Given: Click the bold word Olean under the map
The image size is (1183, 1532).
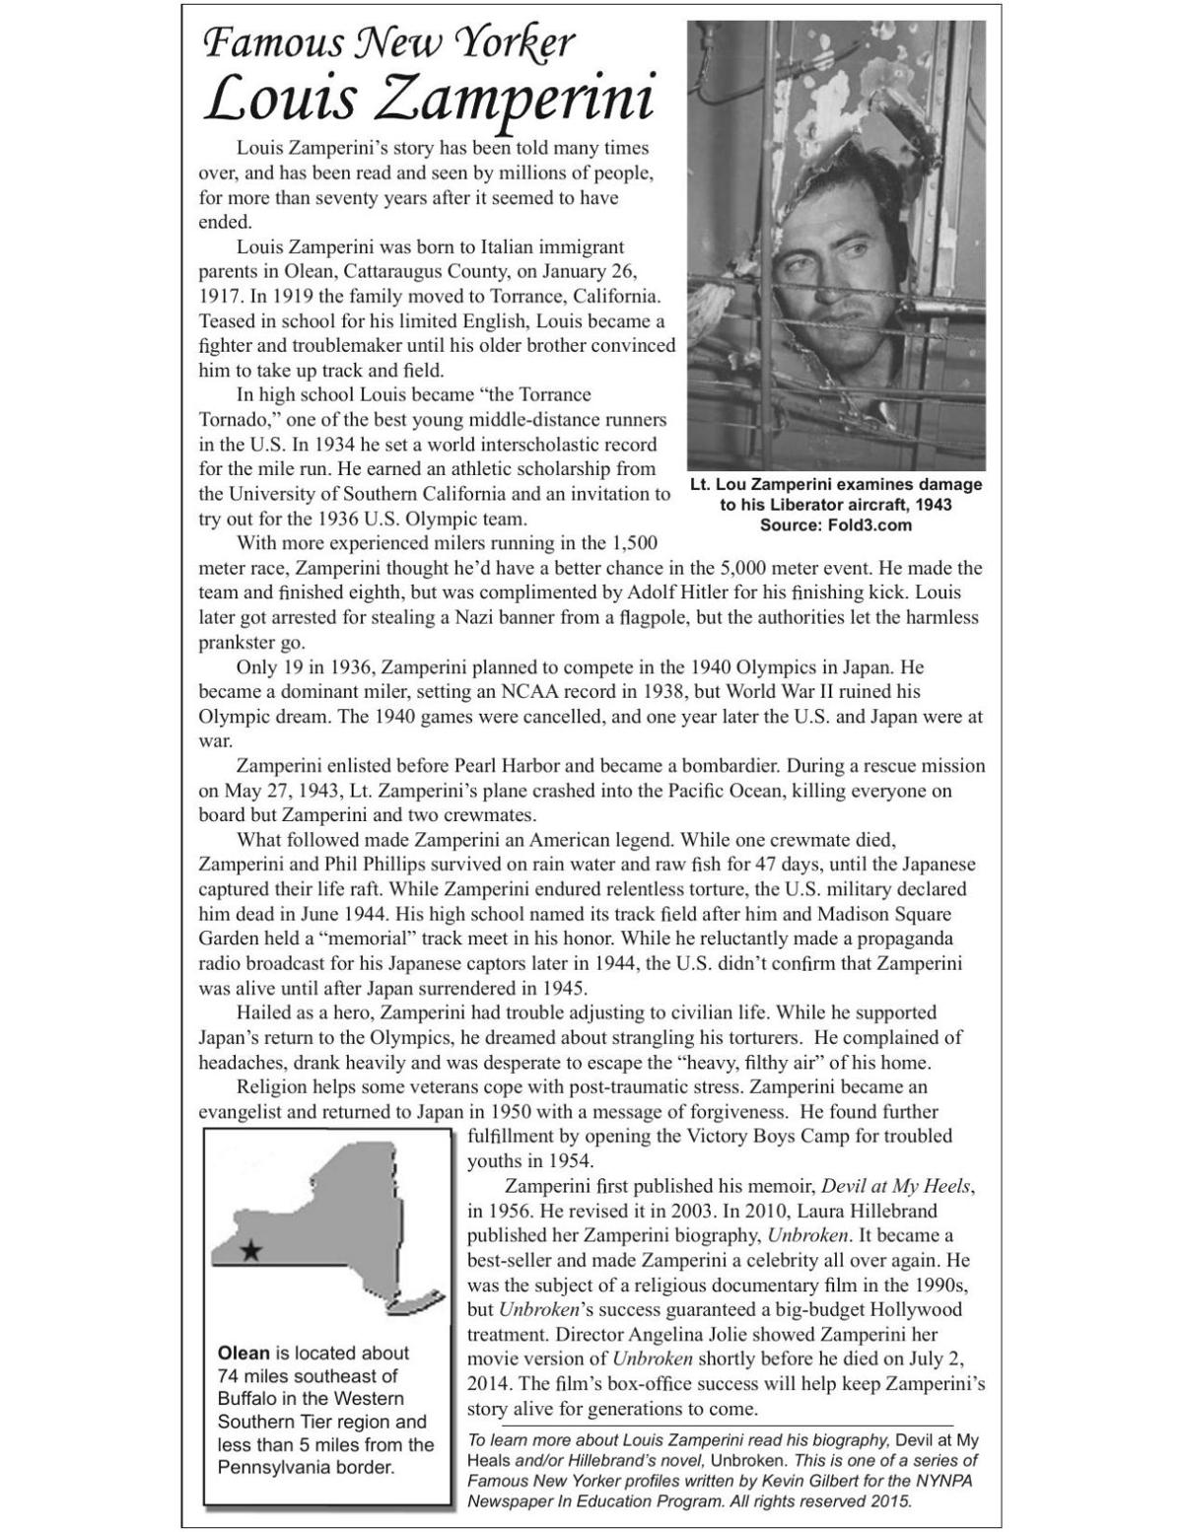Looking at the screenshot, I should pos(243,1353).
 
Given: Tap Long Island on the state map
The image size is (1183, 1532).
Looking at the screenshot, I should pos(417,1302).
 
